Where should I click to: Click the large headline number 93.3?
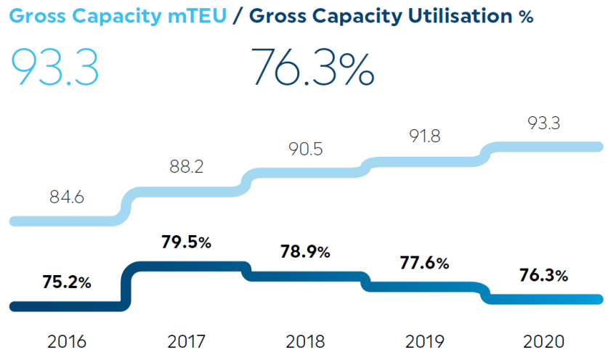tap(55, 67)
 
